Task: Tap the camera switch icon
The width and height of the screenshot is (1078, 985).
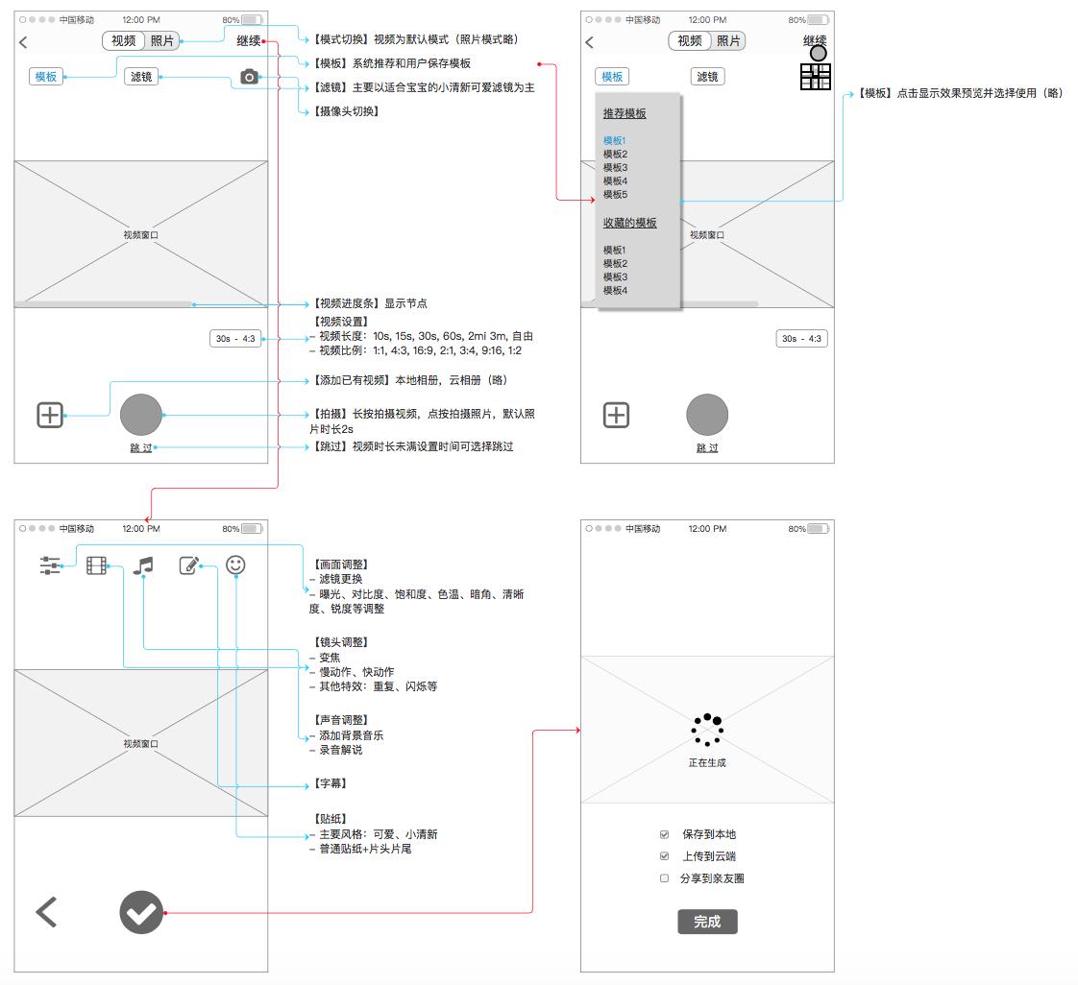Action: pos(249,77)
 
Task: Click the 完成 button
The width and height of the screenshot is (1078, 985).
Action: pos(707,922)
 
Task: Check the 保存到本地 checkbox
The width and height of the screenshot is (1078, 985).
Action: pos(664,834)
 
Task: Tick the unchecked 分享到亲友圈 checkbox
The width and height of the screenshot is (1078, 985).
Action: pos(664,878)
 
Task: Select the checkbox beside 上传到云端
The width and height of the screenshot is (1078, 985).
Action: pos(664,856)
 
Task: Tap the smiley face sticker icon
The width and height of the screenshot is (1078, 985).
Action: pos(235,565)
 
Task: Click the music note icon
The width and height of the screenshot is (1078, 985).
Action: pos(143,565)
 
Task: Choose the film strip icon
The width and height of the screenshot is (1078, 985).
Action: pos(96,565)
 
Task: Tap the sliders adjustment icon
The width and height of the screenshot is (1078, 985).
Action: pos(50,565)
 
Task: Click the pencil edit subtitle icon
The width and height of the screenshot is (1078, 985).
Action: pos(189,565)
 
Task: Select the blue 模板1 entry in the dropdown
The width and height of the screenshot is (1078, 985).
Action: pos(615,141)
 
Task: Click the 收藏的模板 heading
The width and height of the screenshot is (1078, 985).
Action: pos(629,223)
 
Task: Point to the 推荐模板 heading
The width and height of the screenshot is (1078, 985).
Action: pos(625,113)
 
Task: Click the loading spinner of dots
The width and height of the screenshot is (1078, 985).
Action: pos(707,730)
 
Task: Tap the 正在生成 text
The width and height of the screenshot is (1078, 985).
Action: pos(707,763)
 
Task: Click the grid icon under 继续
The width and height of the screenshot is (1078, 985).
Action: pos(815,77)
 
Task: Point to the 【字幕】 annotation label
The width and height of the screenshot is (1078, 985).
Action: pos(331,784)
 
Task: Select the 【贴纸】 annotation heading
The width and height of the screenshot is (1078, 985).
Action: pos(331,819)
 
